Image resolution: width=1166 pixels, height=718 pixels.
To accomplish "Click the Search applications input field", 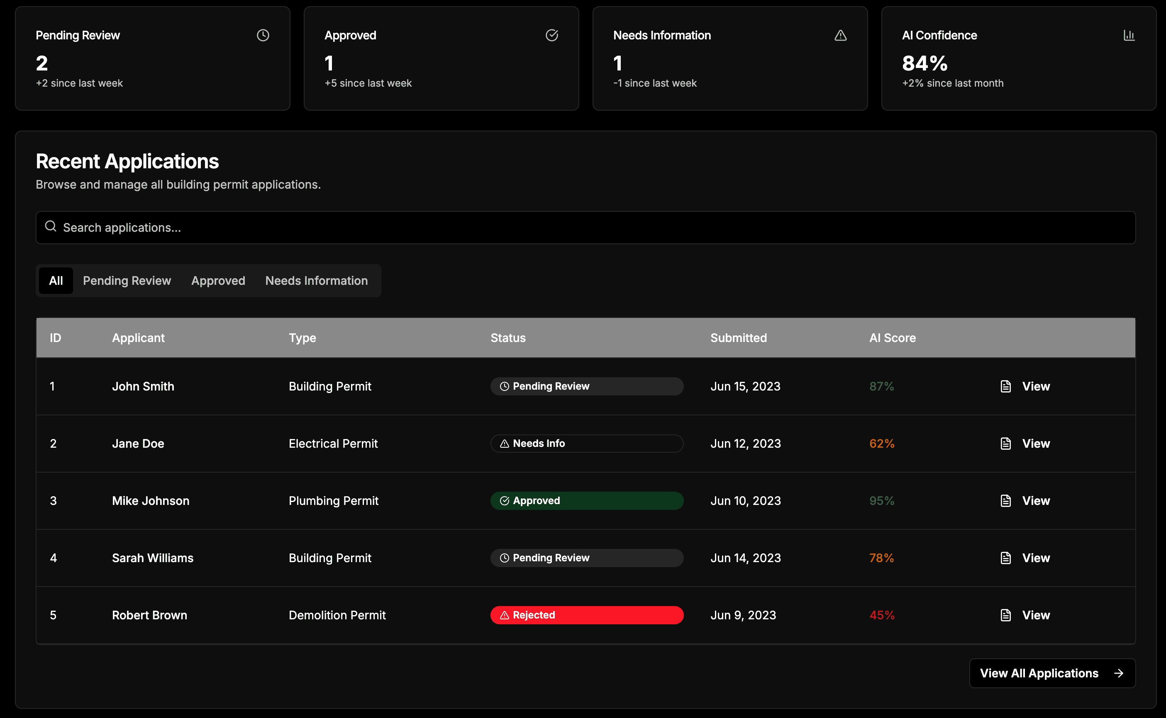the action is pyautogui.click(x=585, y=228).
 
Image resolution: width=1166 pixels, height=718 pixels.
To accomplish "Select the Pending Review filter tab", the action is pyautogui.click(x=127, y=281).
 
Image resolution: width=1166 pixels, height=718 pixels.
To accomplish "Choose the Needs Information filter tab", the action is pyautogui.click(x=317, y=281).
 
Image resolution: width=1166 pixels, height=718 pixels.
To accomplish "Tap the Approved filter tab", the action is pyautogui.click(x=218, y=281).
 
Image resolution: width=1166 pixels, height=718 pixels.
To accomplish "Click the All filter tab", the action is pyautogui.click(x=56, y=281).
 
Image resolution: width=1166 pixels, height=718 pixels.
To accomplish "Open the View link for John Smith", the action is pyautogui.click(x=1025, y=386).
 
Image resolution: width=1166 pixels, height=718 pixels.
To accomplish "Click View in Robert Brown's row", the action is pyautogui.click(x=1025, y=615).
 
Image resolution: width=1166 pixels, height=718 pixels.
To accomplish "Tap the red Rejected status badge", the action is pyautogui.click(x=587, y=615).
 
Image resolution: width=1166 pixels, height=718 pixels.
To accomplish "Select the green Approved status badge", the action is pyautogui.click(x=587, y=500).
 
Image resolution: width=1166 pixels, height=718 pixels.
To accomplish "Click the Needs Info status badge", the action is pyautogui.click(x=587, y=444).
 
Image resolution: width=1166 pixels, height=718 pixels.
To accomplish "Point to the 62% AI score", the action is pyautogui.click(x=882, y=444).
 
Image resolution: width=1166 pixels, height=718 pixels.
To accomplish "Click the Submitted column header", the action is pyautogui.click(x=739, y=337).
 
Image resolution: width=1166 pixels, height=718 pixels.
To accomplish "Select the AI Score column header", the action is pyautogui.click(x=893, y=337).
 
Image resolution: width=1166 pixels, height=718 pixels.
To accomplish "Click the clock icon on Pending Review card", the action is pyautogui.click(x=263, y=35).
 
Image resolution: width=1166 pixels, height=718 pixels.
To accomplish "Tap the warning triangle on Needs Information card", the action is pyautogui.click(x=840, y=35).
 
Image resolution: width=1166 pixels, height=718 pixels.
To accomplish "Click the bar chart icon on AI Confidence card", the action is pyautogui.click(x=1129, y=35).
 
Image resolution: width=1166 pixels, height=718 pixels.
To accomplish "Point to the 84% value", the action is pyautogui.click(x=925, y=63).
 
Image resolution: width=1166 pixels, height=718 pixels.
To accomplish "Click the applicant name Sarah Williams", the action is pyautogui.click(x=153, y=558).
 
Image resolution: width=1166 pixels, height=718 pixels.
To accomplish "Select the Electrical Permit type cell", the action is pyautogui.click(x=333, y=444).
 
